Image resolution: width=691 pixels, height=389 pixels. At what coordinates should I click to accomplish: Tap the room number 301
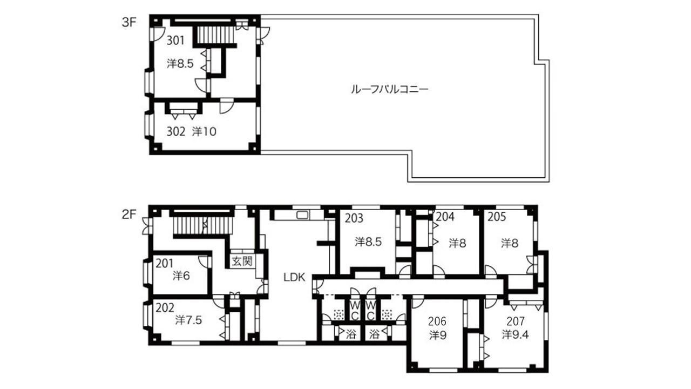[175, 41]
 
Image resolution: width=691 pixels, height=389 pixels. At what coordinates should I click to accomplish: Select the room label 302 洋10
[192, 131]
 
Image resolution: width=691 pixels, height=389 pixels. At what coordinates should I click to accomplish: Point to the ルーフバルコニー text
[389, 90]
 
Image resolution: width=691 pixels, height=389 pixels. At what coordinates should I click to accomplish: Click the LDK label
[295, 278]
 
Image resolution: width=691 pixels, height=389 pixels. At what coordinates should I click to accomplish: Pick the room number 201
[164, 264]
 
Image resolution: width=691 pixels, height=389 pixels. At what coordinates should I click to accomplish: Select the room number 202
[165, 308]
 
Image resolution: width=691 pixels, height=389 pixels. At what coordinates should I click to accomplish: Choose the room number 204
[445, 217]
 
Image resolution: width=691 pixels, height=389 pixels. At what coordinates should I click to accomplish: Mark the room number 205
[497, 217]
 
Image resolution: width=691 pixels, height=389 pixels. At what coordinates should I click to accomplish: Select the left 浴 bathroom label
[351, 334]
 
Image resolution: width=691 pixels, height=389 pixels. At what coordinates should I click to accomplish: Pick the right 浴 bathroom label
[375, 334]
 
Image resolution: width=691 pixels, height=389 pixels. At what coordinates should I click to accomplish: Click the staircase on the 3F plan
[214, 35]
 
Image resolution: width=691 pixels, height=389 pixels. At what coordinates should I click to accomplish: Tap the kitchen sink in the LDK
[301, 216]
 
